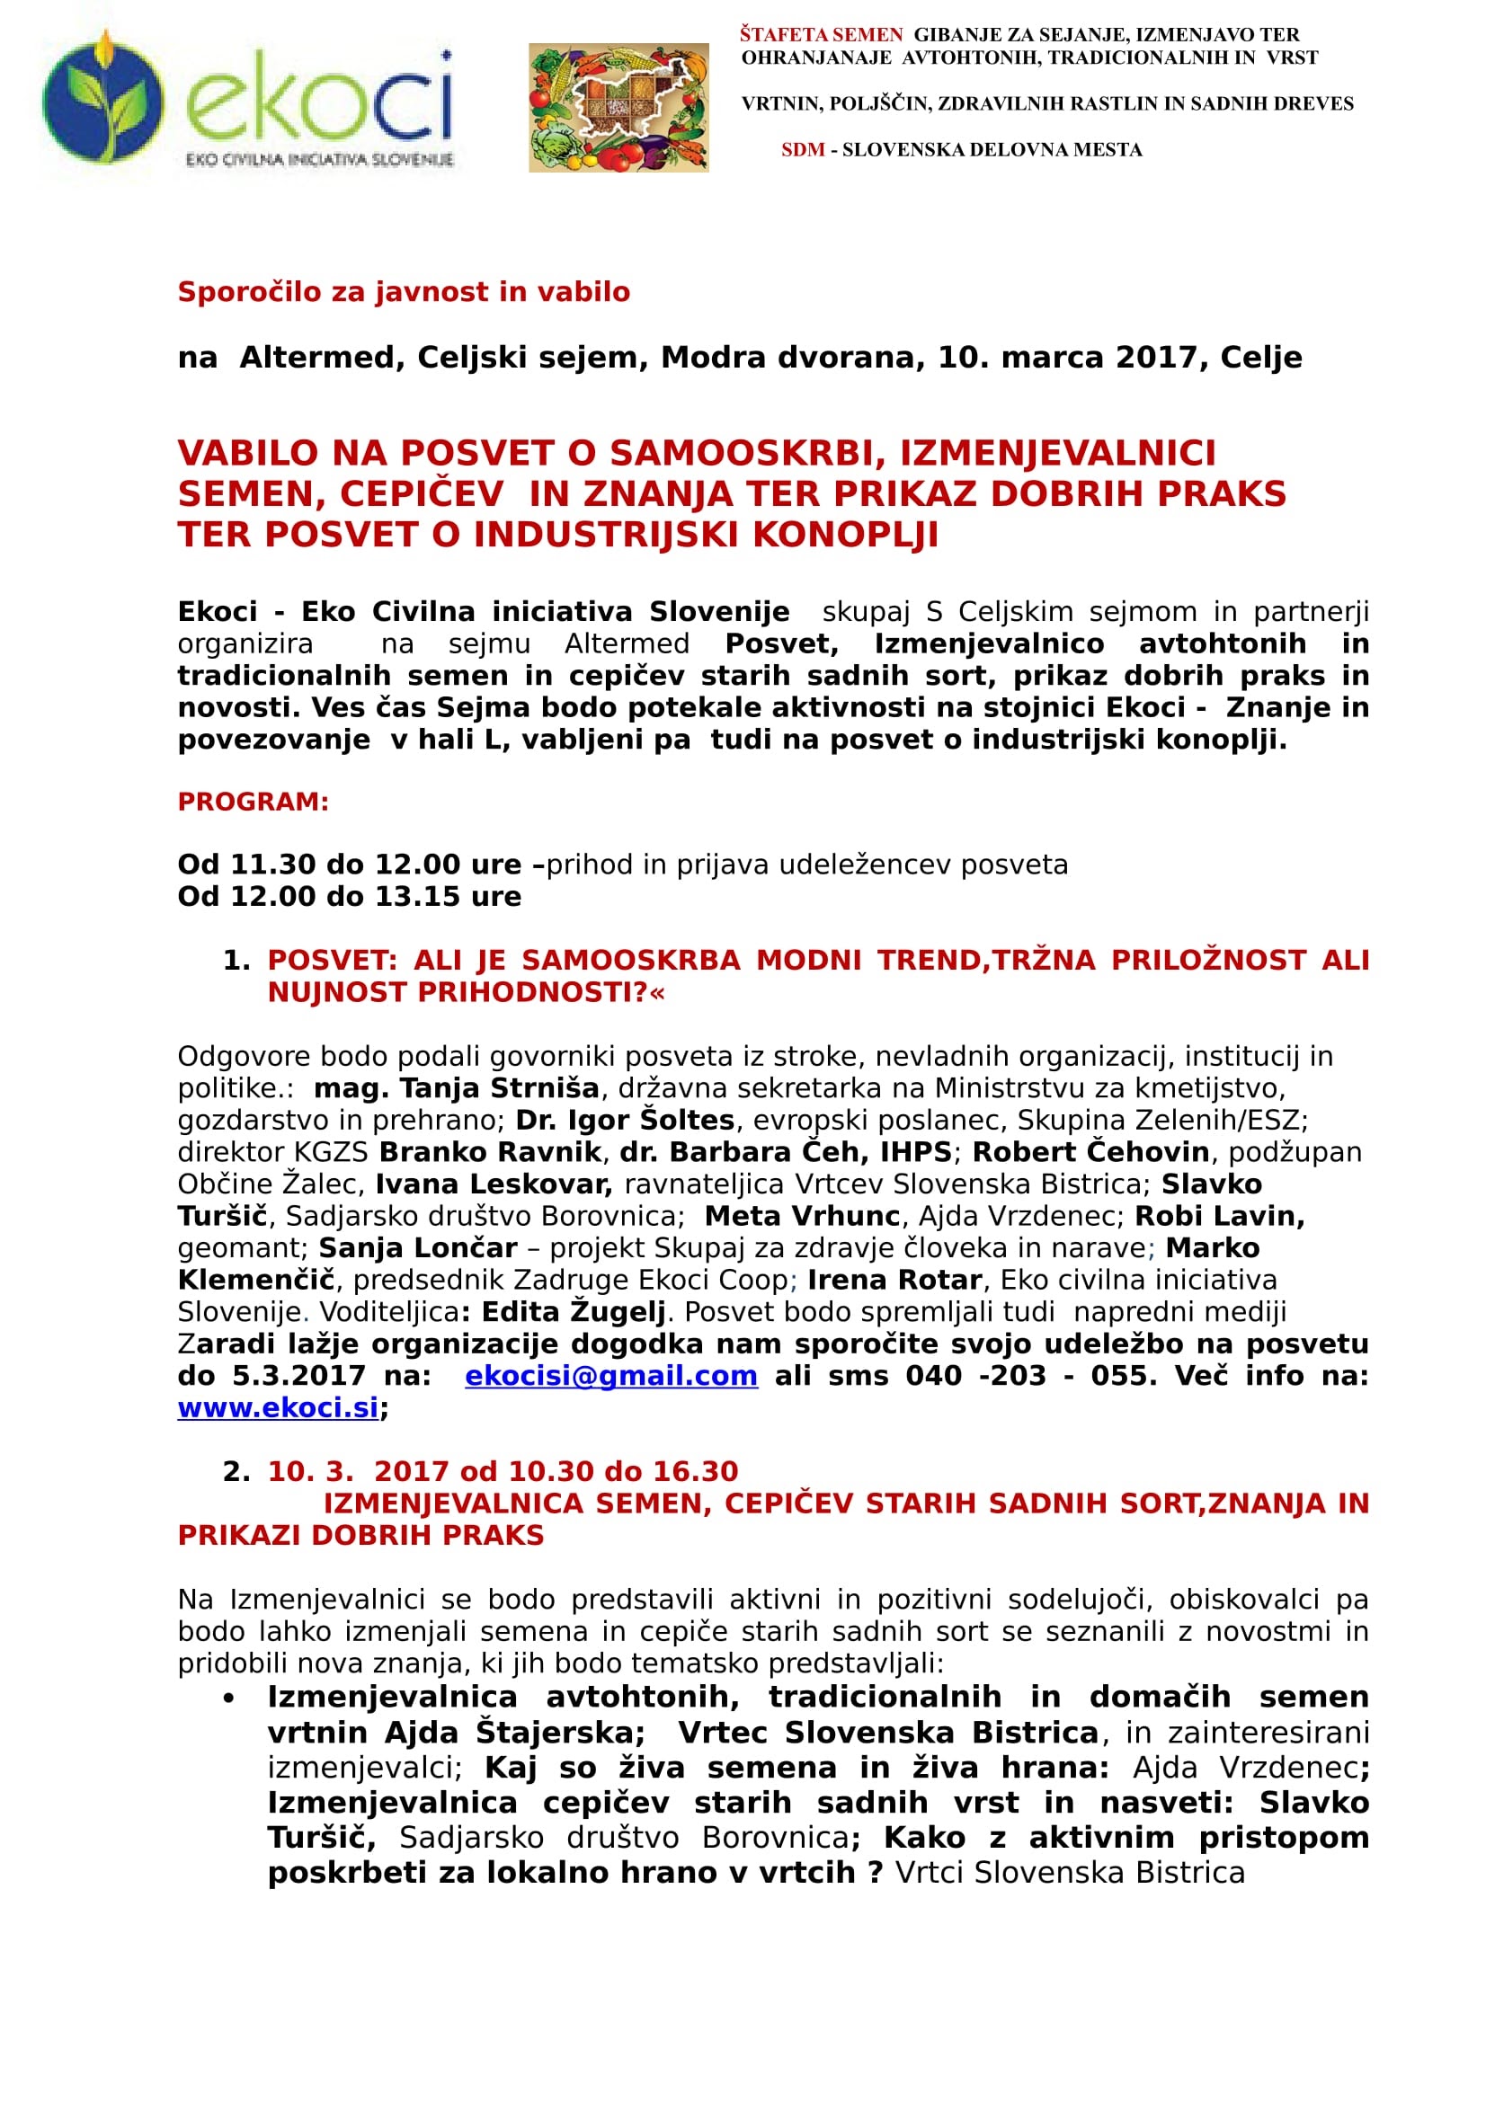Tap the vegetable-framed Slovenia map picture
point(618,108)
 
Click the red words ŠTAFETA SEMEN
point(822,36)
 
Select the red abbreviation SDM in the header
point(803,150)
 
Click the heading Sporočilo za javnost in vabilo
point(404,292)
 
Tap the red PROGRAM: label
point(253,802)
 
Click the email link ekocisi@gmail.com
point(610,1376)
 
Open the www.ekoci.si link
point(278,1408)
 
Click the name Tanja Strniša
point(499,1088)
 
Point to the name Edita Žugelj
point(574,1312)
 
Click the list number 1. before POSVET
point(236,961)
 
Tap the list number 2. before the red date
point(236,1472)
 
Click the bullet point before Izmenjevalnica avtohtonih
point(229,1698)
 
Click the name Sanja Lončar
point(417,1248)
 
